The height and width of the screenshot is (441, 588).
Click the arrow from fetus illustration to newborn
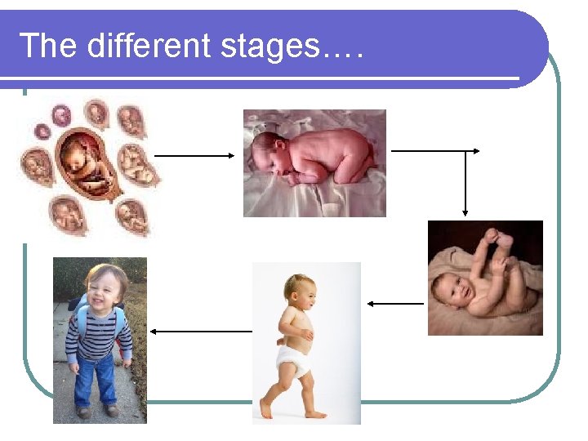[194, 155]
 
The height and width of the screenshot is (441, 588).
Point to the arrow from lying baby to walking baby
[395, 304]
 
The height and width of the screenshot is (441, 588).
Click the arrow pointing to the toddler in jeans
[201, 332]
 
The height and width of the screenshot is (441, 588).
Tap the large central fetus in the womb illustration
[86, 159]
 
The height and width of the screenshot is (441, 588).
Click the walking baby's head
[299, 291]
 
